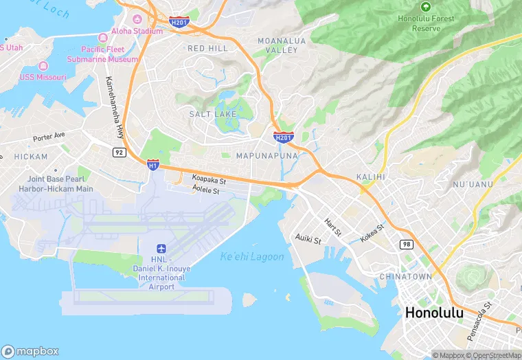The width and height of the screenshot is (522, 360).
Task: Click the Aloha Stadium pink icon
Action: (x=137, y=19)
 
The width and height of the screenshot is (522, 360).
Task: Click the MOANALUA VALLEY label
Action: (x=277, y=45)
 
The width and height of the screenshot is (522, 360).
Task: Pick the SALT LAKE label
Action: (x=213, y=113)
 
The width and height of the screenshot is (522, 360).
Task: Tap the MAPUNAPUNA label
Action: (x=266, y=156)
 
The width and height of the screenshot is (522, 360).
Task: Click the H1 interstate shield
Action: (x=153, y=165)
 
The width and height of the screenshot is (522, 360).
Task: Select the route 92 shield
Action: (x=120, y=152)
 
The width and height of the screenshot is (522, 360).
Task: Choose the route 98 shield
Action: (x=406, y=245)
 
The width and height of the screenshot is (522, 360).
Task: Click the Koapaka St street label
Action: (x=209, y=179)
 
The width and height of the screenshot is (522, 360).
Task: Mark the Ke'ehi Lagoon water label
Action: (x=252, y=257)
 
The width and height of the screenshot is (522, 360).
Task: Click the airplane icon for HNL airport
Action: (x=161, y=248)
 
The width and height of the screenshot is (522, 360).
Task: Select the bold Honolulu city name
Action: (x=434, y=313)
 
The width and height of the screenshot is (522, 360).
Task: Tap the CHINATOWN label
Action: (x=405, y=276)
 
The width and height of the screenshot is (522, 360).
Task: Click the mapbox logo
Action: (x=31, y=351)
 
